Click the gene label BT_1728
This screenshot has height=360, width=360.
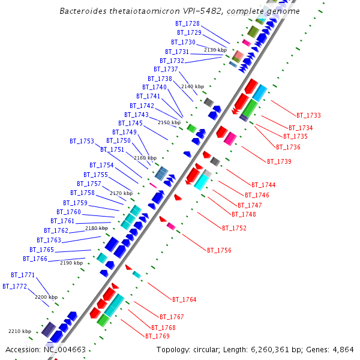click(x=187, y=23)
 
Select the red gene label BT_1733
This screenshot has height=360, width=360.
click(x=308, y=115)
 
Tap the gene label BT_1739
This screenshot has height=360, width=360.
click(x=279, y=161)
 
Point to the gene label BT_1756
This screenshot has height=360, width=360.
click(x=219, y=250)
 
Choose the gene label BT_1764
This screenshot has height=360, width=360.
click(x=184, y=299)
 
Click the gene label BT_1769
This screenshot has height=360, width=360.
click(x=157, y=336)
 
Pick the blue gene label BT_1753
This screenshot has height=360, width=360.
click(x=82, y=142)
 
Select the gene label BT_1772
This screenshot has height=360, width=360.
click(x=14, y=286)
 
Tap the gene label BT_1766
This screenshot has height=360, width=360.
click(x=35, y=259)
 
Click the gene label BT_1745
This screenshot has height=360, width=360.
click(x=130, y=123)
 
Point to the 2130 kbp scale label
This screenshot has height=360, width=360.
click(x=215, y=50)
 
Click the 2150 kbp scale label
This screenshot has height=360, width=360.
click(x=169, y=122)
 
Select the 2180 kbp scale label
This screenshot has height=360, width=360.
click(x=97, y=228)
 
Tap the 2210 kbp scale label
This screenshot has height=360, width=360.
click(x=19, y=331)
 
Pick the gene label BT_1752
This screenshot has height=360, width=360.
click(x=234, y=228)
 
